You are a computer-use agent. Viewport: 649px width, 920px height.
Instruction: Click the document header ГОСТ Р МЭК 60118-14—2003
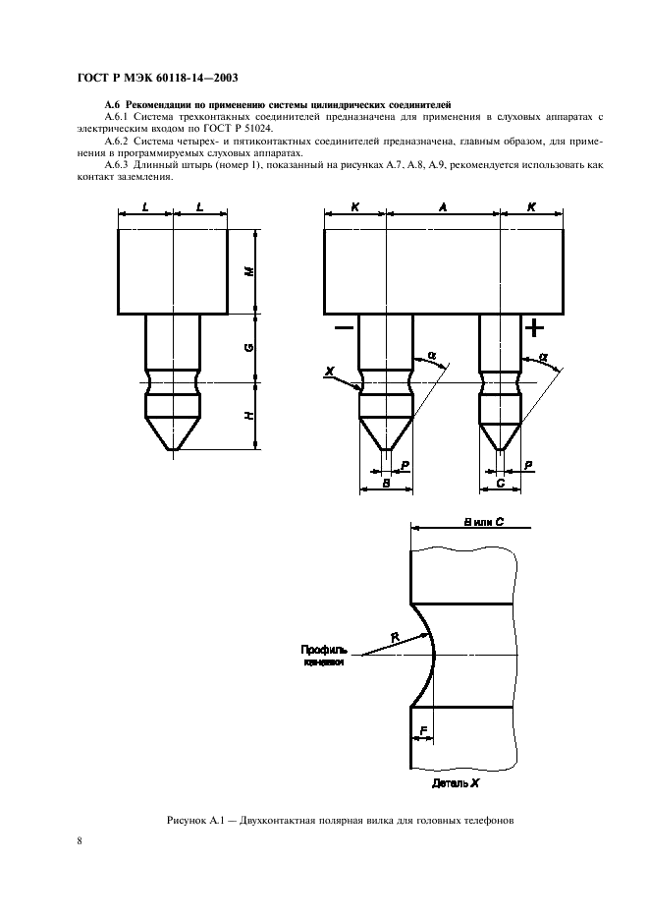pyautogui.click(x=156, y=78)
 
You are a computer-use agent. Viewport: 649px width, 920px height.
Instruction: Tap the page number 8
pyautogui.click(x=79, y=840)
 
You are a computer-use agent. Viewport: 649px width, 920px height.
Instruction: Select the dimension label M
pyautogui.click(x=249, y=270)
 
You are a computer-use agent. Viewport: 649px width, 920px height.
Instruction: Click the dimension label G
pyautogui.click(x=249, y=347)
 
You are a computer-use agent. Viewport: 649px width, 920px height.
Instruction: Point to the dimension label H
pyautogui.click(x=249, y=415)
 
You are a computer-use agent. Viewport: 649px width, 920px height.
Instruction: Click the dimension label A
pyautogui.click(x=443, y=208)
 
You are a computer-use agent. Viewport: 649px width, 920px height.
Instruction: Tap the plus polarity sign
pyautogui.click(x=533, y=326)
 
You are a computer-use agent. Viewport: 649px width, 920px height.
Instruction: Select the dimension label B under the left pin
pyautogui.click(x=385, y=485)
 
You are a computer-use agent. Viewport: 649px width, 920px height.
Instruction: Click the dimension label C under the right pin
pyautogui.click(x=502, y=485)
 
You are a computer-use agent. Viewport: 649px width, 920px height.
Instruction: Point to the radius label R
pyautogui.click(x=395, y=638)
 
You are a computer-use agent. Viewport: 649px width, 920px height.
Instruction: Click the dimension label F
pyautogui.click(x=422, y=730)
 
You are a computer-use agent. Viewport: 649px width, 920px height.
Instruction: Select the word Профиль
pyautogui.click(x=323, y=650)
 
